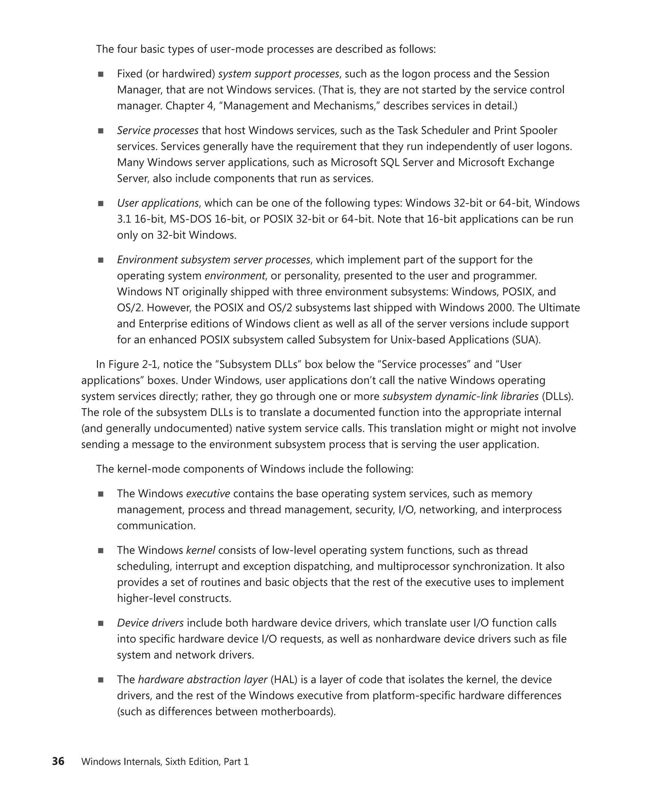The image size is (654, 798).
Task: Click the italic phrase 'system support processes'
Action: pos(278,74)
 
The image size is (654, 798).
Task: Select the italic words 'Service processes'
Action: pos(157,131)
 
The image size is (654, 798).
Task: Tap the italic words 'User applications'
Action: pos(157,203)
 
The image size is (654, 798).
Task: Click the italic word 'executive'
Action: pos(208,494)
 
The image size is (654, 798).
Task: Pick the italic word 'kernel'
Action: pos(201,550)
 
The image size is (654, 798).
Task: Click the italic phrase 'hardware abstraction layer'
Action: pos(203,680)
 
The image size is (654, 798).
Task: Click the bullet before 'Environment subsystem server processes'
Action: pos(101,260)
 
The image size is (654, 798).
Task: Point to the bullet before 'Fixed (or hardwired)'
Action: pos(101,74)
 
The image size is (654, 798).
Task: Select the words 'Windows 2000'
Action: pos(475,308)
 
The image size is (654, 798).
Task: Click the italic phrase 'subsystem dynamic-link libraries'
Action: pos(460,396)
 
